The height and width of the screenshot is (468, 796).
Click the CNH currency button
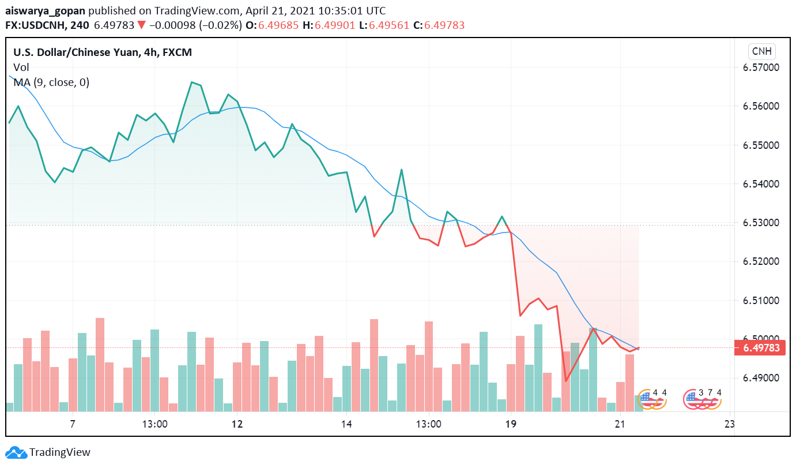click(762, 51)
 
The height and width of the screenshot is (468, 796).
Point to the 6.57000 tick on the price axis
click(760, 68)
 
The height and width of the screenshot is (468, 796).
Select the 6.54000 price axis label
click(760, 184)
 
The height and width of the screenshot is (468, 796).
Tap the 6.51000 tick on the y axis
click(760, 301)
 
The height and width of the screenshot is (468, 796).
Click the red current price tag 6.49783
click(760, 348)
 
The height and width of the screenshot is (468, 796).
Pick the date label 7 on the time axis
click(73, 424)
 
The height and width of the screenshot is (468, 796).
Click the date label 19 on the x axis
click(510, 424)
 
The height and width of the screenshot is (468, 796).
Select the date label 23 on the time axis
click(729, 424)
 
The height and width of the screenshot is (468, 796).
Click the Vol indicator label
click(21, 68)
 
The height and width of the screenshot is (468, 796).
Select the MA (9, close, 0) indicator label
click(51, 83)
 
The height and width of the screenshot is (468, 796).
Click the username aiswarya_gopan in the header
click(45, 11)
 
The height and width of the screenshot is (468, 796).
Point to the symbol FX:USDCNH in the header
click(35, 25)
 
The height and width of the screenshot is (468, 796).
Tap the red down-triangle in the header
click(141, 25)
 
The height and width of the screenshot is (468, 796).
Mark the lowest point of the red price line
click(566, 381)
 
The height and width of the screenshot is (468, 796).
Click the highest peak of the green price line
click(191, 82)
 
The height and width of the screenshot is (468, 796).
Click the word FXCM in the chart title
click(177, 53)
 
